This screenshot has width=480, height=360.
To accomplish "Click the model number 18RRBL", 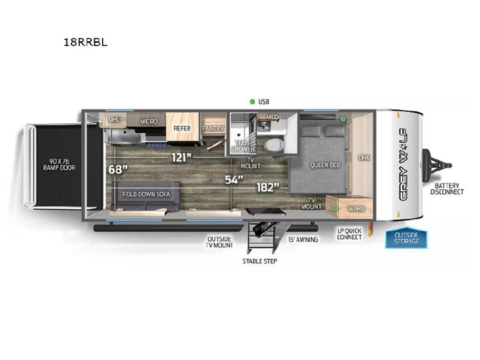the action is pyautogui.click(x=85, y=42).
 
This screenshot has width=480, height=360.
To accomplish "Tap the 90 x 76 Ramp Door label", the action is pyautogui.click(x=59, y=165).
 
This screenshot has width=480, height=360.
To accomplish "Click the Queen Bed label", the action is pyautogui.click(x=325, y=165).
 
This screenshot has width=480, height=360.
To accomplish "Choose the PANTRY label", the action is pyautogui.click(x=213, y=128).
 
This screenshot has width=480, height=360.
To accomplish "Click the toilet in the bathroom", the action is pyautogui.click(x=274, y=144).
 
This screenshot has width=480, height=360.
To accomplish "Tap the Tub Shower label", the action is pyautogui.click(x=243, y=146).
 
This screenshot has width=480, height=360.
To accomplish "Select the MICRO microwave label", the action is pyautogui.click(x=149, y=121).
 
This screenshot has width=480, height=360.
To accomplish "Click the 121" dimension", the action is pyautogui.click(x=181, y=157).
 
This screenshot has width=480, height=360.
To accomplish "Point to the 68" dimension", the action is pyautogui.click(x=118, y=169).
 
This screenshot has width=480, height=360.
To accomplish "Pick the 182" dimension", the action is pyautogui.click(x=268, y=187).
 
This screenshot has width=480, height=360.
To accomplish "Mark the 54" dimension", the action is pyautogui.click(x=234, y=179).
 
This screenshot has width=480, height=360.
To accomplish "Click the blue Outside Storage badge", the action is pyautogui.click(x=406, y=237).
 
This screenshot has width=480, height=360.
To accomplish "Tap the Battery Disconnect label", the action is pyautogui.click(x=447, y=189).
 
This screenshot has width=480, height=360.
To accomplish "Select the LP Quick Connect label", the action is pyautogui.click(x=349, y=234).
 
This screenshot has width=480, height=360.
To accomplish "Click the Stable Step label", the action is pyautogui.click(x=260, y=261).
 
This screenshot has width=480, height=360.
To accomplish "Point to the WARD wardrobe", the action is pyautogui.click(x=356, y=209).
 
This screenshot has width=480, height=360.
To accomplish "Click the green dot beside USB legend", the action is pyautogui.click(x=252, y=101).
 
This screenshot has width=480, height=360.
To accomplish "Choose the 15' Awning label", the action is pyautogui.click(x=303, y=239).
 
